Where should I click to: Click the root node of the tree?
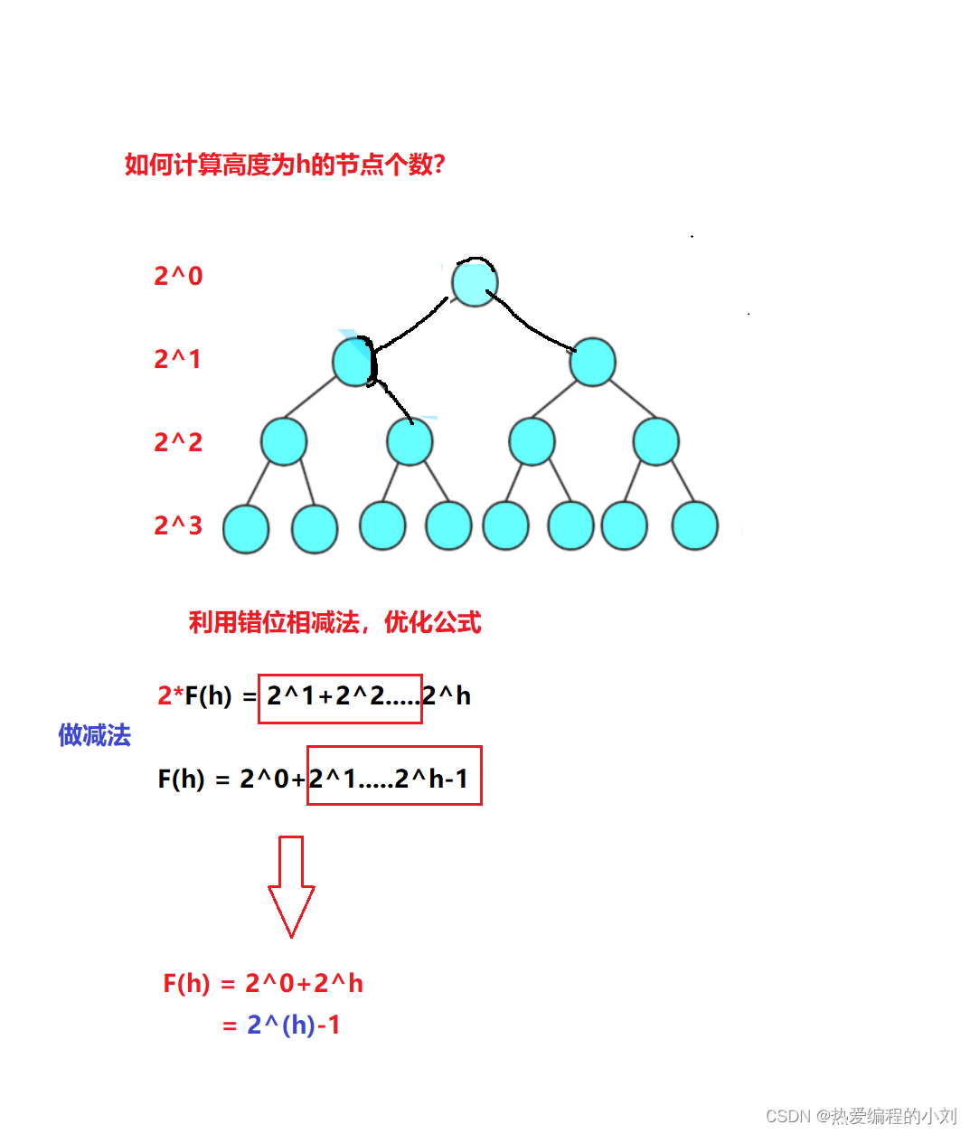[x=475, y=281]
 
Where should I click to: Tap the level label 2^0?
[x=178, y=276]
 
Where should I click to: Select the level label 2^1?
[x=177, y=359]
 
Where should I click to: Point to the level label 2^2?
[x=178, y=442]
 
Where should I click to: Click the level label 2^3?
[x=178, y=525]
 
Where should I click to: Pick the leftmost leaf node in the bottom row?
[x=246, y=529]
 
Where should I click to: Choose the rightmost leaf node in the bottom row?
[x=694, y=525]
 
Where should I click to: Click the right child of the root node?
[x=592, y=362]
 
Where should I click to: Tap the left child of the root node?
[x=353, y=362]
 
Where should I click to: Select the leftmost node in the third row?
[x=284, y=441]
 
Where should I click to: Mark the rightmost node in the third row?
[x=655, y=441]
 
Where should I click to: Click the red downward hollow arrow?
[x=291, y=886]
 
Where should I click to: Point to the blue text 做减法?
[x=94, y=735]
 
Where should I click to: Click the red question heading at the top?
[x=285, y=165]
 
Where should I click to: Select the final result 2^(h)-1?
[x=293, y=1025]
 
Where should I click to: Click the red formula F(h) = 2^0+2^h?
[x=263, y=983]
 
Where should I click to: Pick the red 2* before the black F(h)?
[x=170, y=695]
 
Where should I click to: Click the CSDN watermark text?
[x=861, y=1116]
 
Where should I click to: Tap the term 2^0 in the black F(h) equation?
[x=264, y=779]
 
